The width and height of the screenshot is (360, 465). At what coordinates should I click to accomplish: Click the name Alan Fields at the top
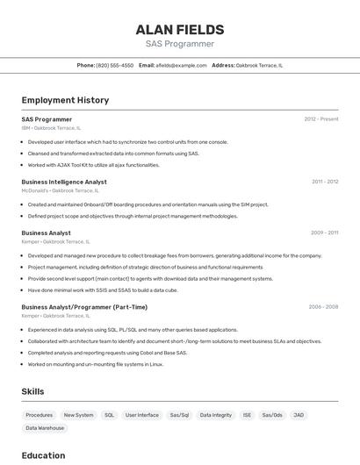pos(180,30)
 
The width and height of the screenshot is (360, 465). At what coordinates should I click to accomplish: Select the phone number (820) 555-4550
pos(115,65)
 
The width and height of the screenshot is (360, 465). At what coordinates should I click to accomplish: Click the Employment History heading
pos(65,100)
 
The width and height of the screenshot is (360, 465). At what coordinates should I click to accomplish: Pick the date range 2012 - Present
pos(321,119)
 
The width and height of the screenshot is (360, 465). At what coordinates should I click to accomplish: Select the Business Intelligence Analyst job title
pos(64,182)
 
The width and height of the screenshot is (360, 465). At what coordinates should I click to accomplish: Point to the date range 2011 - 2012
pos(325,182)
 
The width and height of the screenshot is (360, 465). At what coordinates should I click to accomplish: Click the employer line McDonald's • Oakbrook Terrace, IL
pos(61,190)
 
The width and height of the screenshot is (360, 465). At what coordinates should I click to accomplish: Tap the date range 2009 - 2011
pos(325,232)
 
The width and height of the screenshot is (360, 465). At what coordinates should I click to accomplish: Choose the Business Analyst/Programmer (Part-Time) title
pos(84,307)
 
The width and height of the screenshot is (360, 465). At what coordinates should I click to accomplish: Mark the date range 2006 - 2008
pos(323,307)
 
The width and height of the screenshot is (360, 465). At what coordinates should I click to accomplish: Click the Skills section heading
pos(33,391)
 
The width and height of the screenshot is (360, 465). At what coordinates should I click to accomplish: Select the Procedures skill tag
pos(39,415)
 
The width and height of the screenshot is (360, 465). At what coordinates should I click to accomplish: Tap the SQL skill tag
pos(109,415)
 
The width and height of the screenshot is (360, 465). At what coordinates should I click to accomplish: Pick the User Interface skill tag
pos(142,415)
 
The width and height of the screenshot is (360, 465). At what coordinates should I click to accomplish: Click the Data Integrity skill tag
pos(216,415)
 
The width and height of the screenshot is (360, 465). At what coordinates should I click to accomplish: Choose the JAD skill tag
pos(299,415)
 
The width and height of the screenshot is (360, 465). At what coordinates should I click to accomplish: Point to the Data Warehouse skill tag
pos(45,428)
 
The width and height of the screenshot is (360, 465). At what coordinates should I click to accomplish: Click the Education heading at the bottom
pos(43,455)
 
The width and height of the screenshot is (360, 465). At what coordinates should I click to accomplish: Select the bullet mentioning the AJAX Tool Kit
pos(94,165)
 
